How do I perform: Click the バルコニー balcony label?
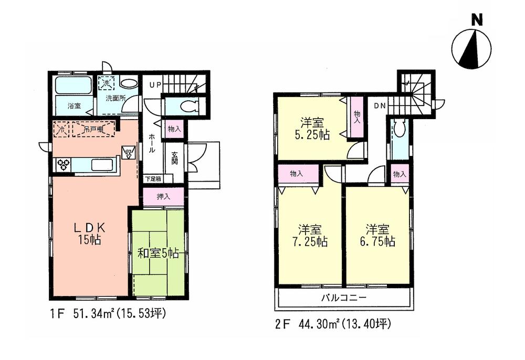click(x=344, y=298)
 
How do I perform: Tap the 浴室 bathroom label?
click(x=73, y=105)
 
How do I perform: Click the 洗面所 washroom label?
click(x=114, y=98)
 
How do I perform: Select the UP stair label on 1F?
click(x=155, y=84)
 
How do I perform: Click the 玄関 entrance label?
click(x=174, y=158)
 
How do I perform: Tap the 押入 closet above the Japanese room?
click(x=163, y=197)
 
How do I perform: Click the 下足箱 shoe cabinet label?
click(x=153, y=179)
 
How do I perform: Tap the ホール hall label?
click(x=152, y=142)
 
